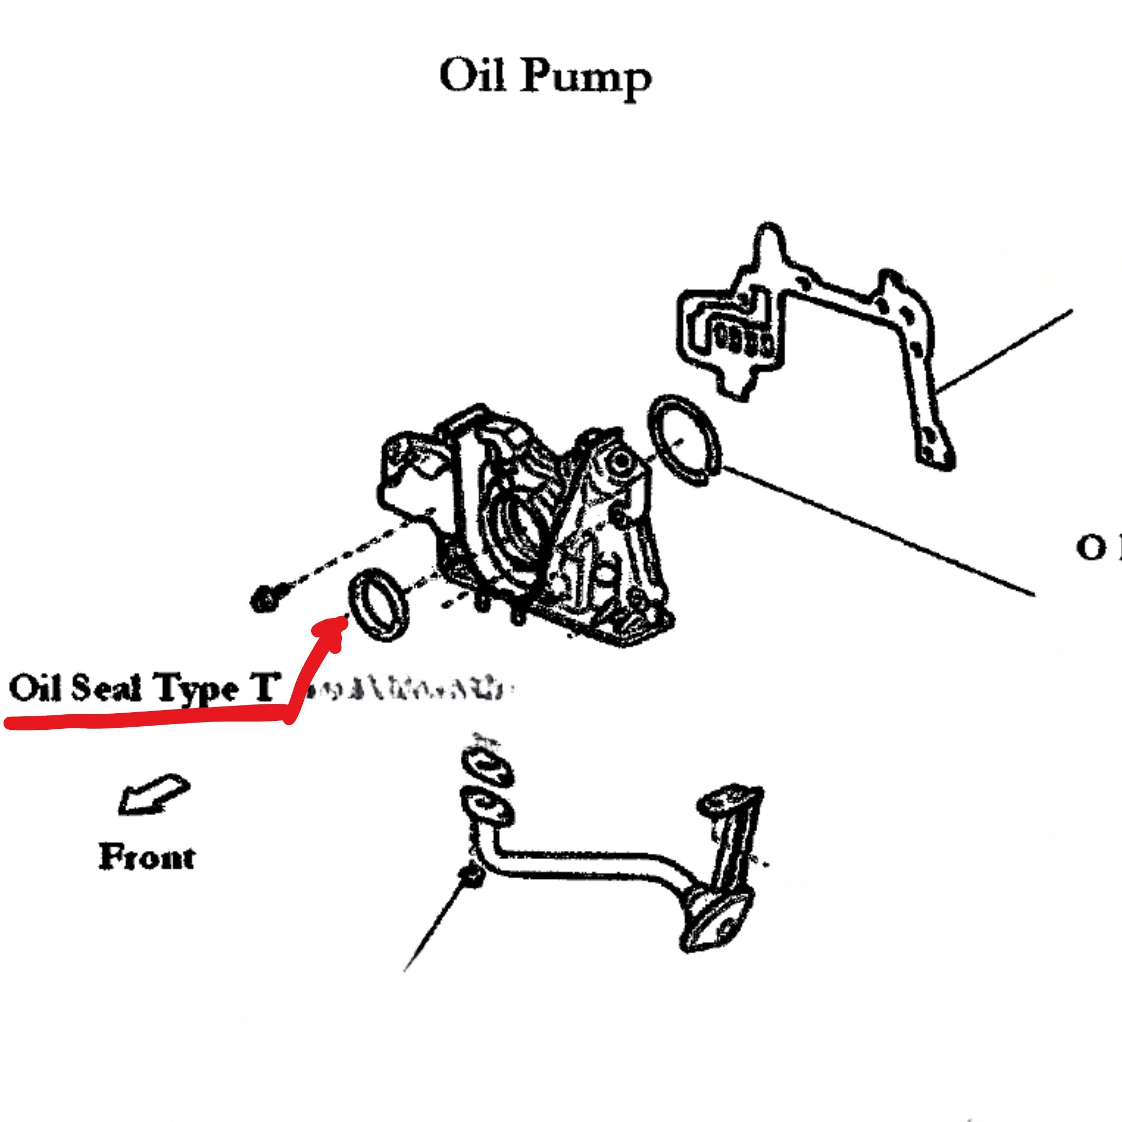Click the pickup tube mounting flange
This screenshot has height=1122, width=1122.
pyautogui.click(x=487, y=806)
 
